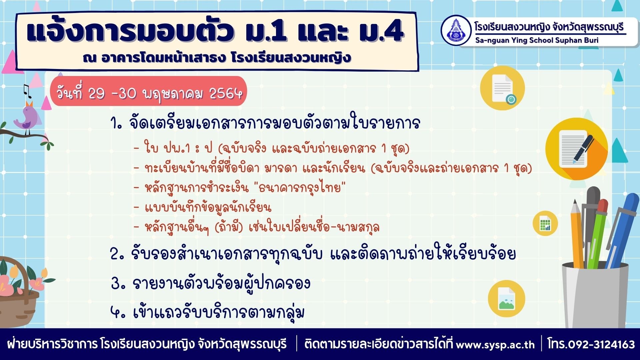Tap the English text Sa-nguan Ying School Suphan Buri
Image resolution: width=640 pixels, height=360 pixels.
point(537,40)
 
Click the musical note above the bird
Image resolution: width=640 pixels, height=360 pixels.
point(27,91)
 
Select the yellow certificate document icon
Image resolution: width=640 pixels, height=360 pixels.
point(502,88)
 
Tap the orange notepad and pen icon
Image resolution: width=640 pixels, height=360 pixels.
point(577,149)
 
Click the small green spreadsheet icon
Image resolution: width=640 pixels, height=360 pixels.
point(545,223)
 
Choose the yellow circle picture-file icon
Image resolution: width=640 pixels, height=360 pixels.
point(506,298)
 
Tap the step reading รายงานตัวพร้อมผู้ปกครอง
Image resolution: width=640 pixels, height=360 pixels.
point(221,283)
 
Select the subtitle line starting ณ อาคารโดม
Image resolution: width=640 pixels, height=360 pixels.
point(217,58)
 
